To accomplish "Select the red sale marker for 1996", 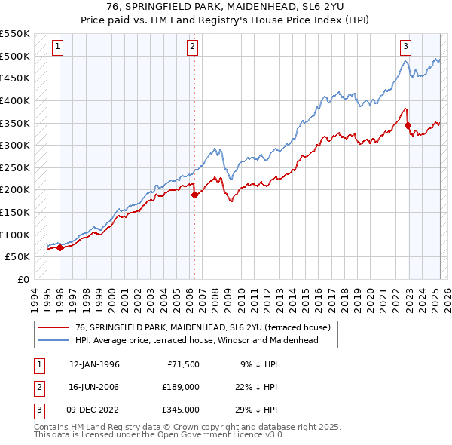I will pos(60,247).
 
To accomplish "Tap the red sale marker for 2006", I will pos(194,195).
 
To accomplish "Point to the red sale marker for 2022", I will pos(408,125).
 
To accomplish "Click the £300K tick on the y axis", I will pos(16,145).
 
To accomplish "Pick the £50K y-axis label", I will pos(18,257).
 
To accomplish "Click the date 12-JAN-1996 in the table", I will pos(94,364).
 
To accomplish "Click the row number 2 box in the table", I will pos(38,387).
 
